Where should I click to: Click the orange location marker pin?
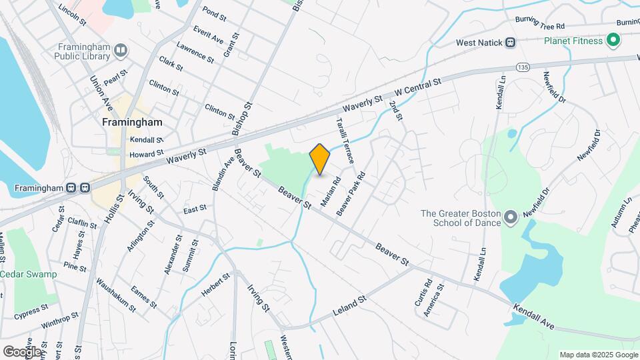(x=320, y=159)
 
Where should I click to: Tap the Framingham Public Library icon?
(x=121, y=49)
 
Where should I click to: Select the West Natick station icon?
(x=510, y=43)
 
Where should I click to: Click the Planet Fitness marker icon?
(x=613, y=41)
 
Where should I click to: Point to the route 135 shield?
(x=523, y=67)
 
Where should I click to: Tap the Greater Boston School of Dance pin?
(x=511, y=217)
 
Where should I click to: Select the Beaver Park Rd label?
(x=351, y=193)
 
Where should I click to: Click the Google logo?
(x=21, y=351)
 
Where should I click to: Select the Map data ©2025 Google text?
(x=598, y=355)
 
